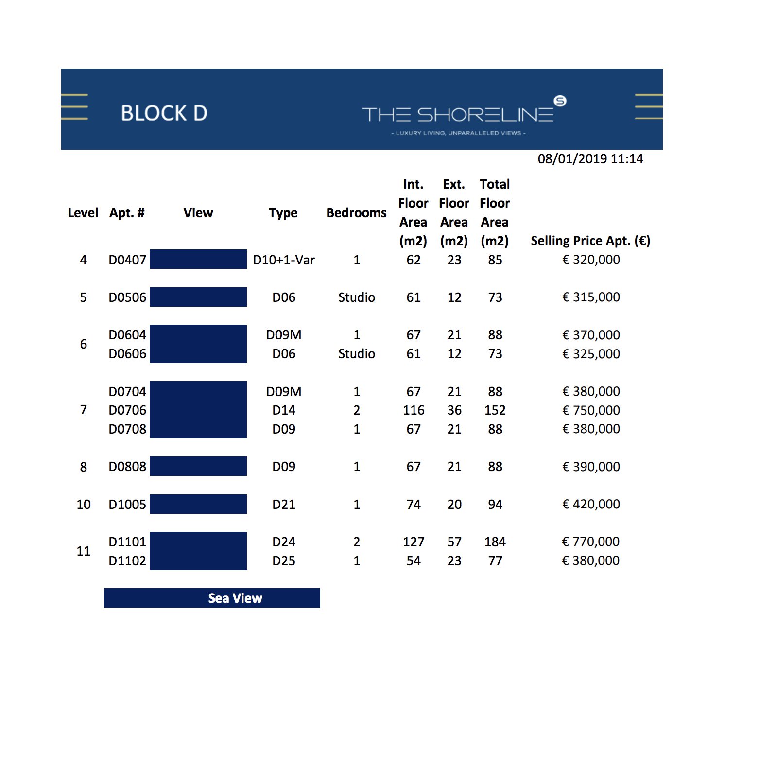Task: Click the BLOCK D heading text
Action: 164,113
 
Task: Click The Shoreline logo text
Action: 458,115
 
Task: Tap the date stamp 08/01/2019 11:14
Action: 590,159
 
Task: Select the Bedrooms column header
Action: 356,213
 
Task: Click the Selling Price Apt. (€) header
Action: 590,241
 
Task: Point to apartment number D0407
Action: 127,260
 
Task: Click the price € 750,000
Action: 591,410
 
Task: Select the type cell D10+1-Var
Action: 284,260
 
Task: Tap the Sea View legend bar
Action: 212,598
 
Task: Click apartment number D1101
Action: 127,542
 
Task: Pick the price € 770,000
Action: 590,542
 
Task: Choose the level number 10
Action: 84,505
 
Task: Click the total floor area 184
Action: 495,542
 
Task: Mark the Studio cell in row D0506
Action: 356,297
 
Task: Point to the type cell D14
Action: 284,410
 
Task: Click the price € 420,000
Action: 591,504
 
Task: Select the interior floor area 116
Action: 414,410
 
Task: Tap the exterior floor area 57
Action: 454,542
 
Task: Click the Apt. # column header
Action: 127,213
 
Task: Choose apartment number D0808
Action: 127,467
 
